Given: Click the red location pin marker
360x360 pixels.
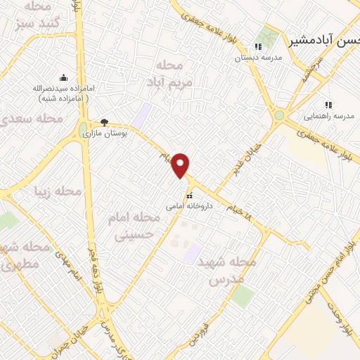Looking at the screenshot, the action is click(x=181, y=165).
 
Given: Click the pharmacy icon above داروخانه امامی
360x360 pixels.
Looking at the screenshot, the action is click(x=188, y=195).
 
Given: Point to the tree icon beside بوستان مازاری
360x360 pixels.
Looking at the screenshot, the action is click(x=105, y=122).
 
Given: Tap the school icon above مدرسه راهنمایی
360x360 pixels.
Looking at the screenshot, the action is click(x=327, y=105).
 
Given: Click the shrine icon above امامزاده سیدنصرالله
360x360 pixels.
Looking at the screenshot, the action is click(x=64, y=78).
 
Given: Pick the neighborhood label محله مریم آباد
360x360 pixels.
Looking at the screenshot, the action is click(x=165, y=74).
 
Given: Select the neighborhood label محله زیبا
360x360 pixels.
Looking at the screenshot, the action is click(x=58, y=191).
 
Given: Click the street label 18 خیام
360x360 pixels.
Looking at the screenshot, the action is click(x=240, y=211).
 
